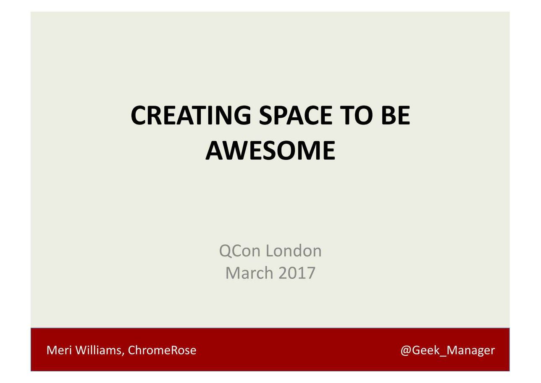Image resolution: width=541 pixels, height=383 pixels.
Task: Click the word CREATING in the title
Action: pyautogui.click(x=191, y=115)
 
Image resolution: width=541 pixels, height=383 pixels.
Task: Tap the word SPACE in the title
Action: pyautogui.click(x=296, y=115)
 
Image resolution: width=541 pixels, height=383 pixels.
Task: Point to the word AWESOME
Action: pyautogui.click(x=270, y=151)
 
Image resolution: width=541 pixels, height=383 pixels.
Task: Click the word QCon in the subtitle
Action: pyautogui.click(x=239, y=251)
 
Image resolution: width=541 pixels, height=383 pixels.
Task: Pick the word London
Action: pyautogui.click(x=294, y=251)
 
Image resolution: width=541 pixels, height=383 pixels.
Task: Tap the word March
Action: pyautogui.click(x=249, y=272)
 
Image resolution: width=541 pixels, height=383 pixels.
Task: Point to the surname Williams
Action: pyautogui.click(x=98, y=350)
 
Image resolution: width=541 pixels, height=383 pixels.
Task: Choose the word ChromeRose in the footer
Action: pyautogui.click(x=162, y=350)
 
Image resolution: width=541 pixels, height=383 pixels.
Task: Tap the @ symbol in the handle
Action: pyautogui.click(x=406, y=351)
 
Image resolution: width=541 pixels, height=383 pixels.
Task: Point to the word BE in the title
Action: pyautogui.click(x=396, y=115)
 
